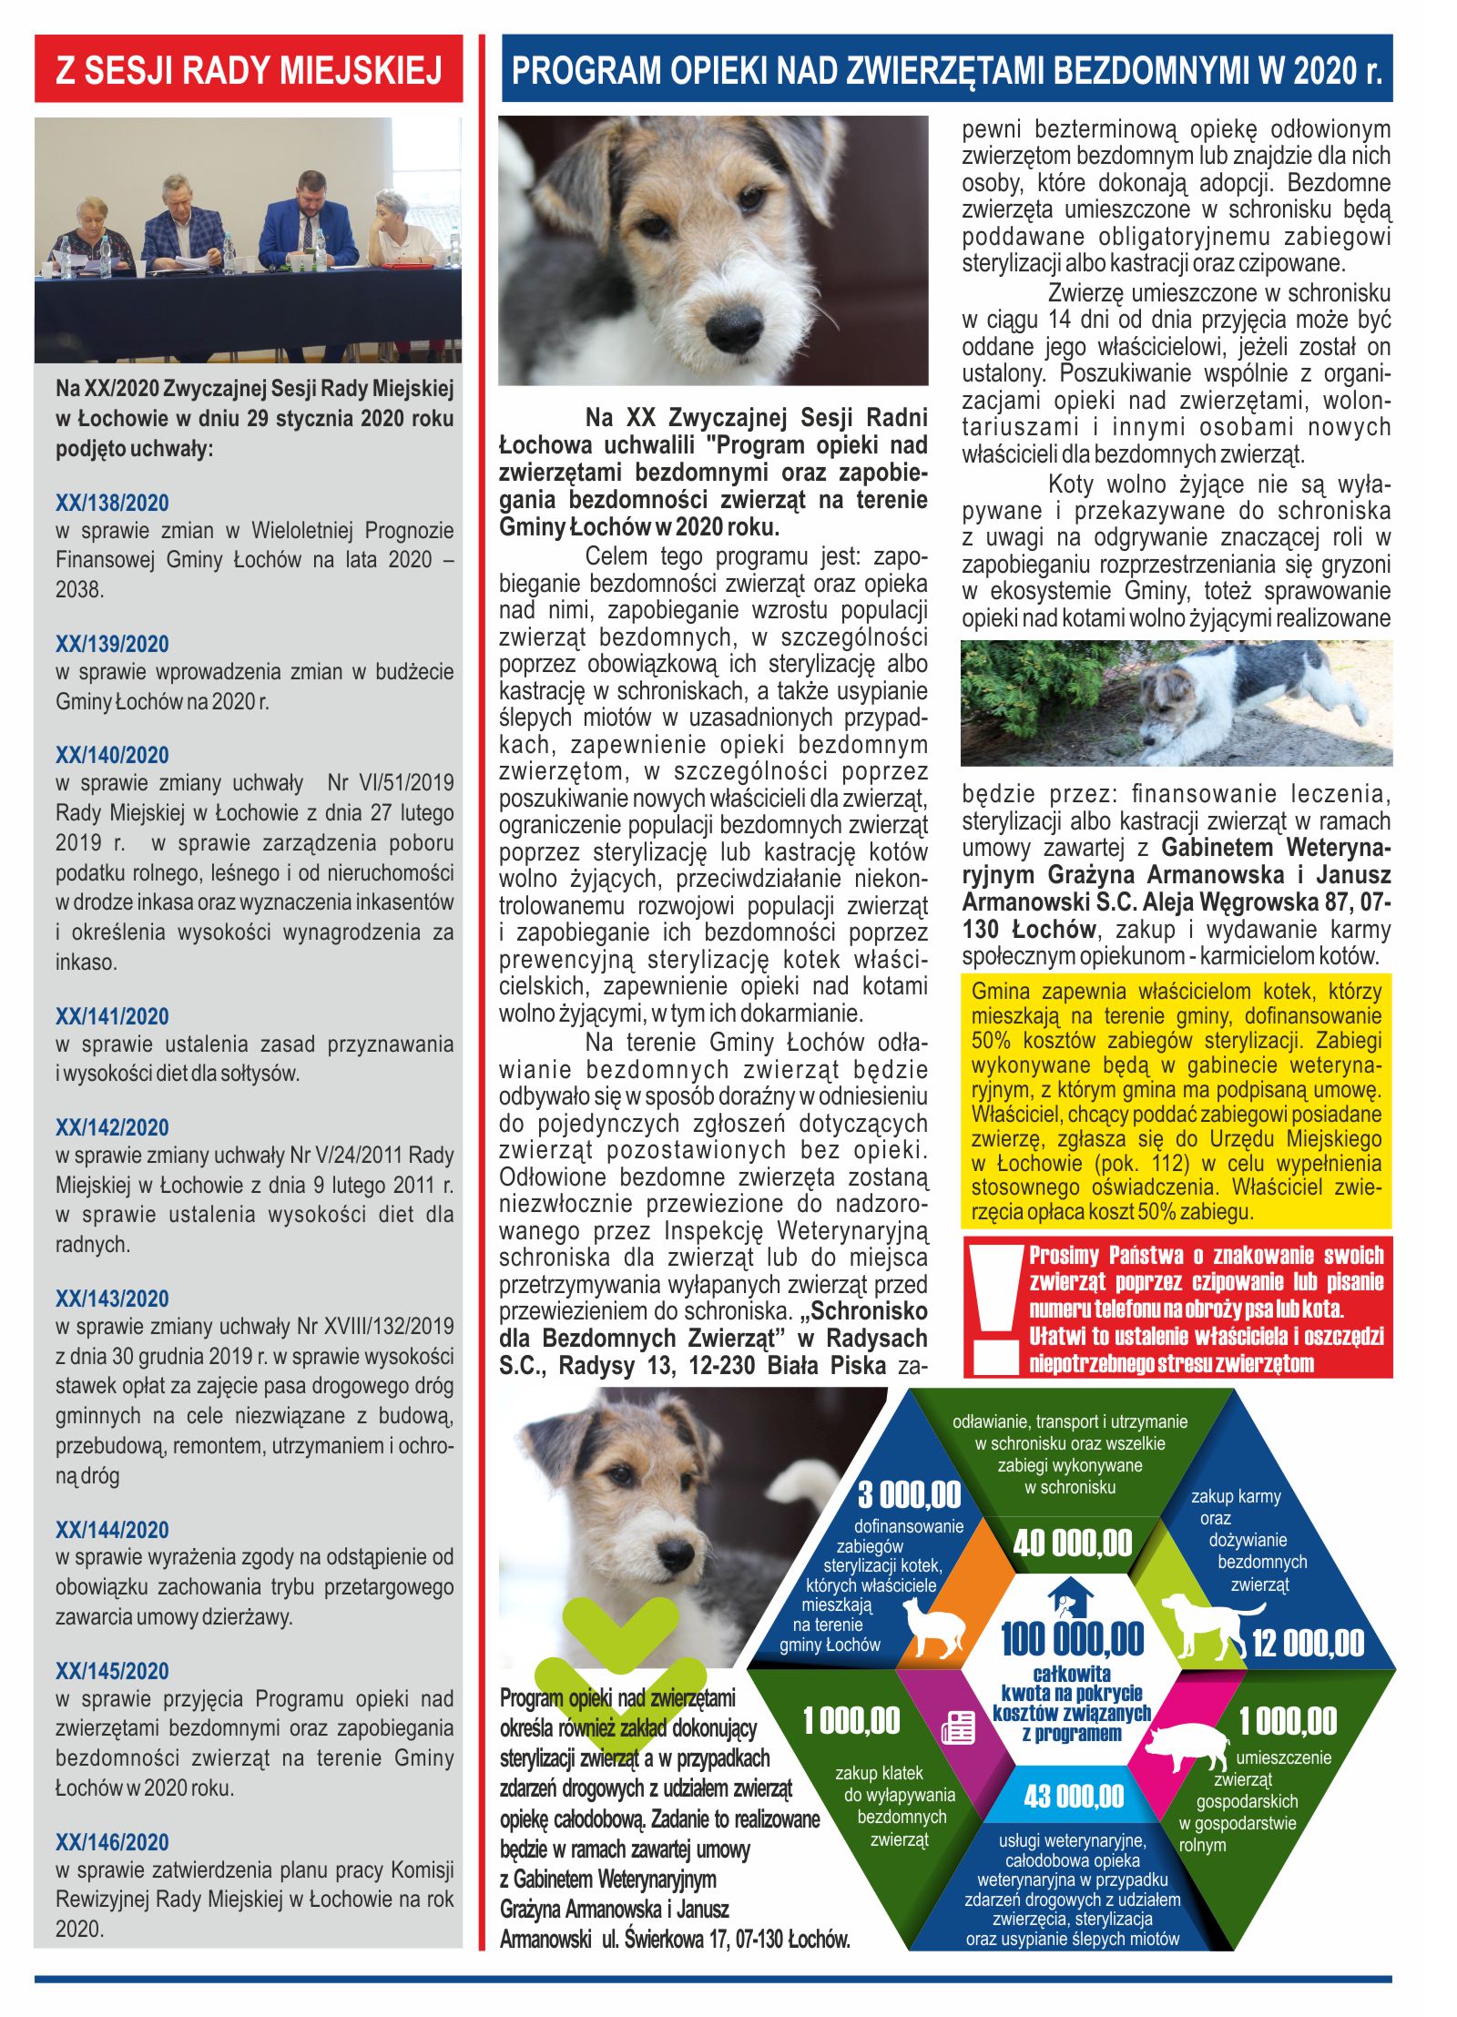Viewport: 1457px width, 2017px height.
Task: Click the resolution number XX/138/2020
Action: click(x=112, y=503)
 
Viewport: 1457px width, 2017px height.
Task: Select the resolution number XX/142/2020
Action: click(x=112, y=1127)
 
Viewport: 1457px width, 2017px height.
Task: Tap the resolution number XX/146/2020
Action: click(x=112, y=1841)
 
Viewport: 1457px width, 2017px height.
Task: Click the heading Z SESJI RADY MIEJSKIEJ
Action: click(x=249, y=70)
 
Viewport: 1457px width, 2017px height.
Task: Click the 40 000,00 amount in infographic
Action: click(x=1072, y=1543)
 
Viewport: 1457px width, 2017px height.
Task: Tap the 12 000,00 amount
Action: click(x=1308, y=1644)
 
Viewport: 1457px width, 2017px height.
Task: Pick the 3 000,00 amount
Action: click(x=909, y=1494)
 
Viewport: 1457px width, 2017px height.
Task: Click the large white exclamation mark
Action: click(x=994, y=1308)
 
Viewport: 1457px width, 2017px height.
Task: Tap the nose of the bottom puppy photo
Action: click(x=678, y=1552)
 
